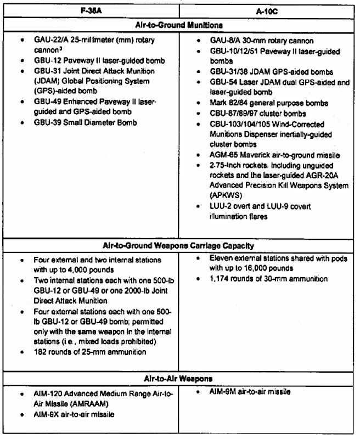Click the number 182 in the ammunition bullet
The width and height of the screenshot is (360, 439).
click(40, 351)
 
